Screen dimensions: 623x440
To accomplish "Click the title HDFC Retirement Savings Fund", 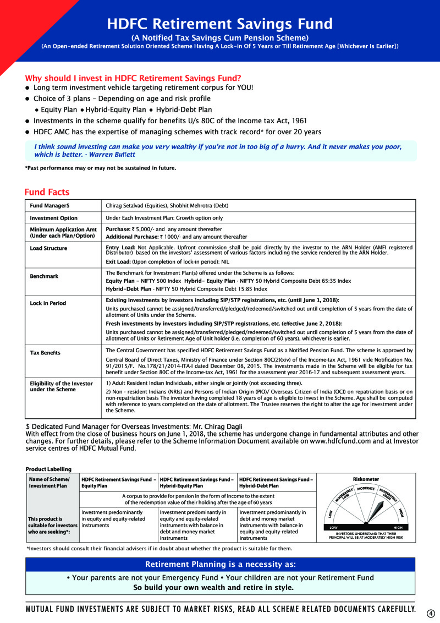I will tap(220, 24).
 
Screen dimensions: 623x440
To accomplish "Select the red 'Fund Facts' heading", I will tap(47, 192).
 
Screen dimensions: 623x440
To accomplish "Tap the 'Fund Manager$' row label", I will tap(50, 206).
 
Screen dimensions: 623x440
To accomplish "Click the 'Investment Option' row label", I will tap(53, 218).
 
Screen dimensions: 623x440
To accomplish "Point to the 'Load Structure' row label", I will tap(48, 248).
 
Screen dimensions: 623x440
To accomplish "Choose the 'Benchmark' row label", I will tap(44, 276).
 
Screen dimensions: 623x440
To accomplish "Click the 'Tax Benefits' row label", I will tap(46, 352).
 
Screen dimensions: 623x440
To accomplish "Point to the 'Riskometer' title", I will tap(366, 479).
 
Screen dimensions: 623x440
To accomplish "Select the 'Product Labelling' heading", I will tap(48, 469).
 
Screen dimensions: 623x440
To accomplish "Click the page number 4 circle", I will tap(431, 614).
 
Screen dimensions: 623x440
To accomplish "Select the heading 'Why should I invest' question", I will tap(133, 78).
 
